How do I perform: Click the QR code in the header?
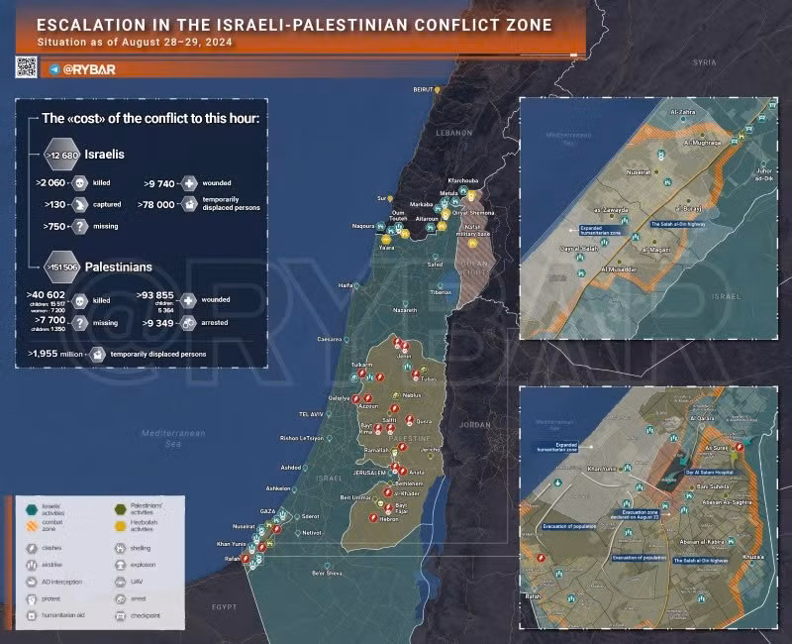pyautogui.click(x=27, y=66)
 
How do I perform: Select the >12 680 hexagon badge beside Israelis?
pyautogui.click(x=62, y=156)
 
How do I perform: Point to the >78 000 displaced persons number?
pyautogui.click(x=158, y=204)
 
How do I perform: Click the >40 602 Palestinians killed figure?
pyautogui.click(x=48, y=296)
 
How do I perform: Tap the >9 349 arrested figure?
pyautogui.click(x=159, y=323)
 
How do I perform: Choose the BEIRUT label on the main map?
pyautogui.click(x=425, y=88)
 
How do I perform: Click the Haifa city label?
pyautogui.click(x=346, y=285)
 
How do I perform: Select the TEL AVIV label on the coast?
pyautogui.click(x=311, y=413)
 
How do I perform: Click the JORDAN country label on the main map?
pyautogui.click(x=475, y=424)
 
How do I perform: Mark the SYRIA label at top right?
pyautogui.click(x=704, y=61)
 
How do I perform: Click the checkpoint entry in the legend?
pyautogui.click(x=144, y=615)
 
